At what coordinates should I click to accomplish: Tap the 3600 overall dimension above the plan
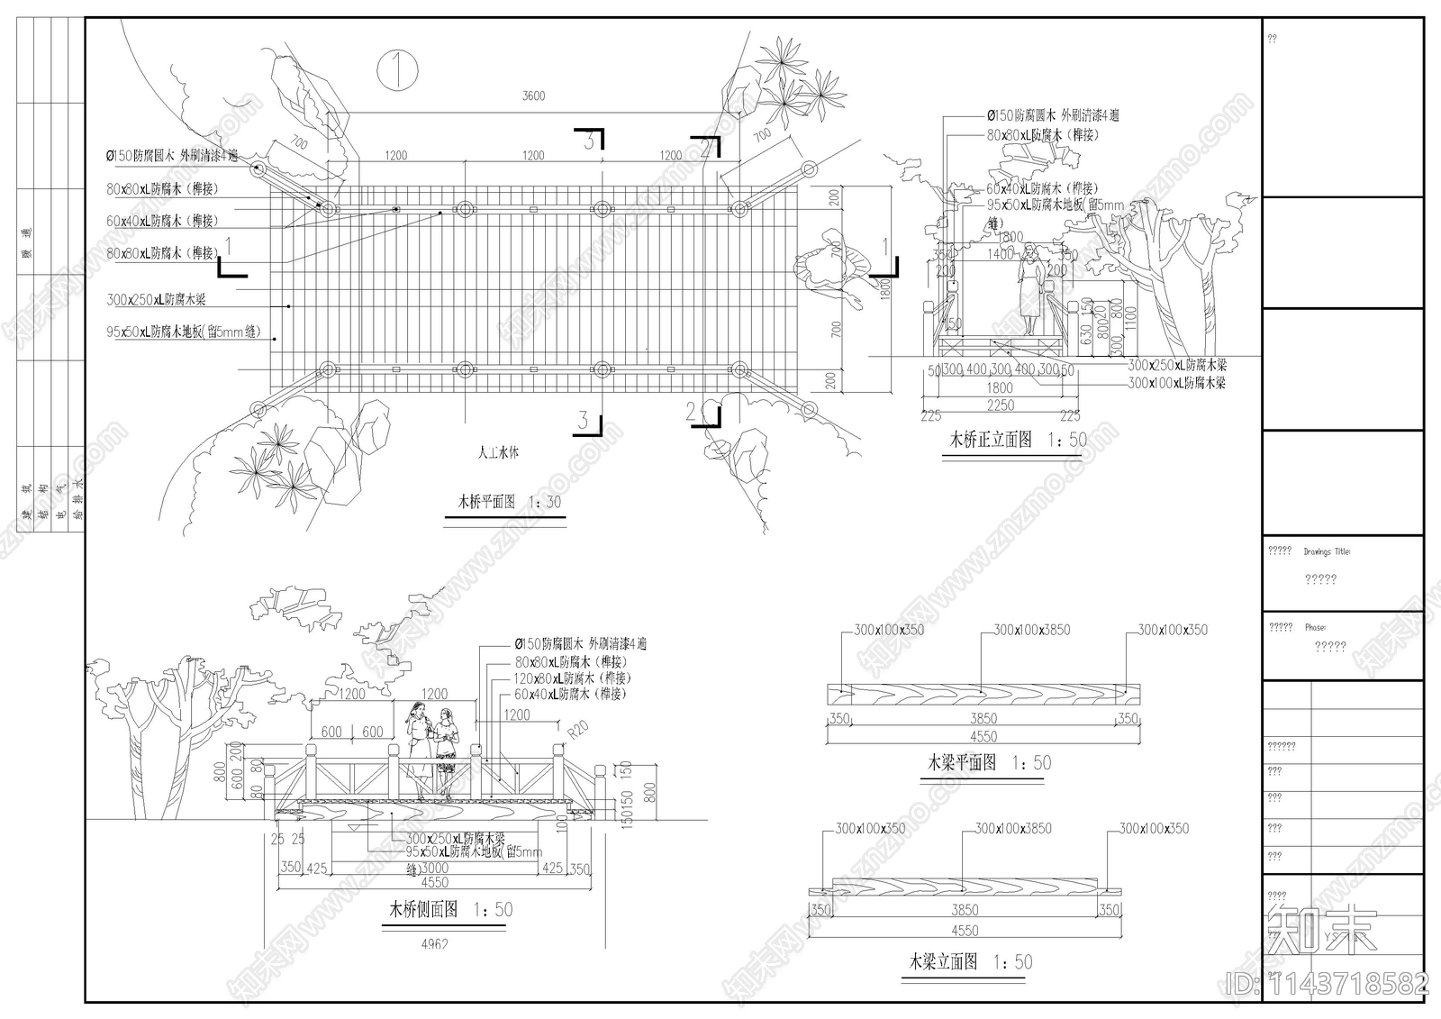(533, 96)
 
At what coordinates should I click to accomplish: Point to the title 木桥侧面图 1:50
(449, 910)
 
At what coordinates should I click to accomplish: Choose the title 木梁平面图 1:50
(989, 763)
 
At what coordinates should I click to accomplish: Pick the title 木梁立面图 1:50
(970, 962)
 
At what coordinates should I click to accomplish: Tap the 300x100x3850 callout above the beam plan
(1031, 630)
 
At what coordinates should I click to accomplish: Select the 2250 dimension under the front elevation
(1000, 405)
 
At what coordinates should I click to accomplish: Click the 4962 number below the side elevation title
(434, 944)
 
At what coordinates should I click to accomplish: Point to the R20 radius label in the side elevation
(576, 728)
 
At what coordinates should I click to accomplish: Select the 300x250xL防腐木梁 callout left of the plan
(156, 299)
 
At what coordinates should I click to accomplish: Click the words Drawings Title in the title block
(1327, 551)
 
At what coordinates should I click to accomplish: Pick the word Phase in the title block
(1315, 627)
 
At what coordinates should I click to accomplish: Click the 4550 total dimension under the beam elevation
(964, 931)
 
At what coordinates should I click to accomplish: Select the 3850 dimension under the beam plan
(983, 718)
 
